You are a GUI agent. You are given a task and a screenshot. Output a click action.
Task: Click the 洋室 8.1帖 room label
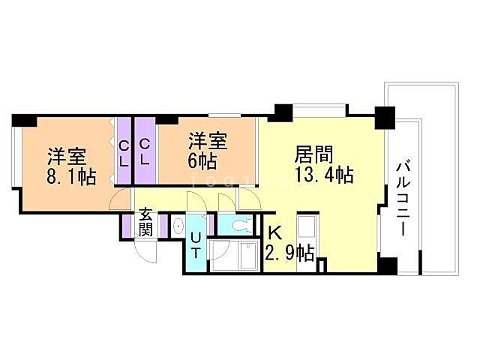pos(71,167)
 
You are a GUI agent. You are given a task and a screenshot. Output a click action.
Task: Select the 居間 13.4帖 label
pos(323,165)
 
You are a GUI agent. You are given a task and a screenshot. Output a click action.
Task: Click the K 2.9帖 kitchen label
pos(289,244)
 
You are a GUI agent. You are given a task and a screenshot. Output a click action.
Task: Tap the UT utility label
pos(196,245)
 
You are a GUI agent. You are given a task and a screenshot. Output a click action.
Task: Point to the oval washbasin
pos(178,225)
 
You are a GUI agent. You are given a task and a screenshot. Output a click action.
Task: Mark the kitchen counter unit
pos(308,236)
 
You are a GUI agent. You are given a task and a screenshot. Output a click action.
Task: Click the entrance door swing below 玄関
pos(147,251)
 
